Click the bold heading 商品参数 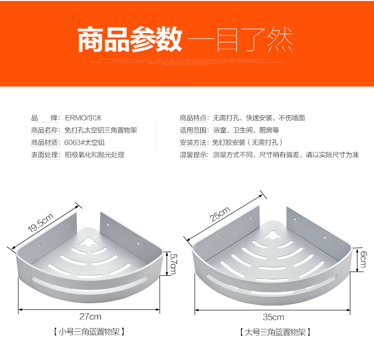click(x=130, y=39)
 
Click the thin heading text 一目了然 click(x=240, y=39)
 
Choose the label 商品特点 click(x=194, y=118)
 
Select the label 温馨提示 click(x=194, y=155)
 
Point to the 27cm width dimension click(x=90, y=316)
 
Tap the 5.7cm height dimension click(x=173, y=263)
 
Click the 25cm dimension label click(x=220, y=214)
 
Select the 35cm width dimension click(x=274, y=317)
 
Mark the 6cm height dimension click(x=363, y=259)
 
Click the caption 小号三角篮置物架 click(x=89, y=332)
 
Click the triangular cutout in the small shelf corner click(x=88, y=242)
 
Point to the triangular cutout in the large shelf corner click(x=276, y=235)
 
